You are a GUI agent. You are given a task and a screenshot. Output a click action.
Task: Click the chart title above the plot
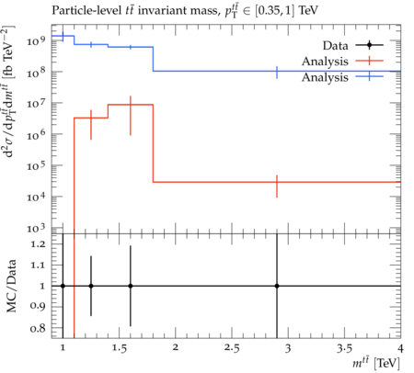tap(185, 10)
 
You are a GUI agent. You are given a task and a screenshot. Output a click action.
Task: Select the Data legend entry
tap(352, 45)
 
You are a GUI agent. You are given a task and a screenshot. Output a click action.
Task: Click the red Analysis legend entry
tap(342, 62)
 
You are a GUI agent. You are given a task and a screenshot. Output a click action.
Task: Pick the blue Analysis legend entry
tap(342, 77)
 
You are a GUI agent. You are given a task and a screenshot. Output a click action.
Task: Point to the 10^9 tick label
tap(36, 40)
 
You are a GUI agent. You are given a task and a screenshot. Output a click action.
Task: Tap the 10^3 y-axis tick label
tap(36, 228)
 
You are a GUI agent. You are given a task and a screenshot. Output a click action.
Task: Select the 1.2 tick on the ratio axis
tap(38, 244)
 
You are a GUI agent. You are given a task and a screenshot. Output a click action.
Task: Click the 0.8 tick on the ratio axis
tap(38, 329)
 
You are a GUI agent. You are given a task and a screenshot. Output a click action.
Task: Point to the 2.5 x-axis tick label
tap(232, 348)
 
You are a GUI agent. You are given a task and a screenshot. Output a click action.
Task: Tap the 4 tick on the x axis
tap(400, 348)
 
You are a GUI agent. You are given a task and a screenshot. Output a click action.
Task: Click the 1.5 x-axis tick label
tap(120, 348)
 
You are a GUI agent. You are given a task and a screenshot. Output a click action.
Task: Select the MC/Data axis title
tap(11, 286)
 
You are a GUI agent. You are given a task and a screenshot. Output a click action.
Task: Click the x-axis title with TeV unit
tap(376, 363)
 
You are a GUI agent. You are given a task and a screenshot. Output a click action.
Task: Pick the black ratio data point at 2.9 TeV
tap(277, 286)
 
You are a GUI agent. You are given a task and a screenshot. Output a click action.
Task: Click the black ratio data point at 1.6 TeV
tap(131, 286)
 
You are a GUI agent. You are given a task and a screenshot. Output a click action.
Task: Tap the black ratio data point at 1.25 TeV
tap(91, 286)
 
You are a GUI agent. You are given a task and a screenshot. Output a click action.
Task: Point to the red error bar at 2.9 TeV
tap(277, 186)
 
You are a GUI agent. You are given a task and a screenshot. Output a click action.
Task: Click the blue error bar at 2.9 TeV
tap(277, 73)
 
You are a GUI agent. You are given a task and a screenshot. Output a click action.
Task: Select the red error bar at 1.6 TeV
tap(131, 116)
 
